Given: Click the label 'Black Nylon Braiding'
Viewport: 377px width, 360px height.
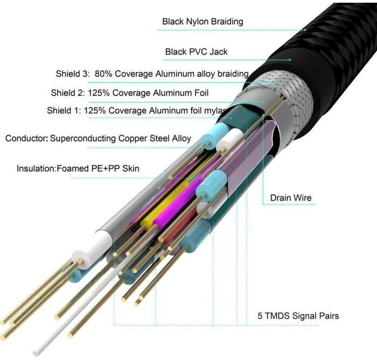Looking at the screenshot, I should coord(203,22).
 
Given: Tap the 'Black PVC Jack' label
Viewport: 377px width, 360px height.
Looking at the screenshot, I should coord(196,52).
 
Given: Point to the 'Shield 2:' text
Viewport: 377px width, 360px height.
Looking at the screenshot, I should coord(68,93).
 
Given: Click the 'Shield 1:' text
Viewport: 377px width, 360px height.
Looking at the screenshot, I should coord(64,111).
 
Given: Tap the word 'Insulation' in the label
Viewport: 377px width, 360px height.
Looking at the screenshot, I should coord(36,168).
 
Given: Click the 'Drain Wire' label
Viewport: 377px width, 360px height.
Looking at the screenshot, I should coord(290,198).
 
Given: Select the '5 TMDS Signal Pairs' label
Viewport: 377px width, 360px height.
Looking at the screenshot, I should coord(297,316).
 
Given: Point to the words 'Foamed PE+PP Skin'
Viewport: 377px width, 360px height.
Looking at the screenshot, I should coord(99,168).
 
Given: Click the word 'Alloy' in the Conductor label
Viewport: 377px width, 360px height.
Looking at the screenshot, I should coord(180,138).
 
